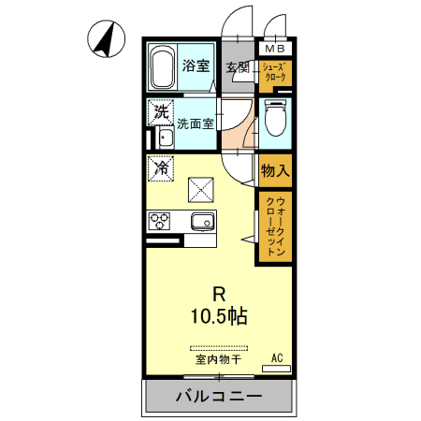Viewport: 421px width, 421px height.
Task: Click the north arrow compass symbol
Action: [106, 40]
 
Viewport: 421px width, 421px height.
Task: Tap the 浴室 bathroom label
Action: [195, 66]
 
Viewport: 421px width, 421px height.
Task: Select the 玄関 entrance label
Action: [238, 66]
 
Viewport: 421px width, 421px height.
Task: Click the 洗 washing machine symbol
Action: [161, 110]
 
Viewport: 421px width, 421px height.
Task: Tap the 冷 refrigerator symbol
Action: [161, 168]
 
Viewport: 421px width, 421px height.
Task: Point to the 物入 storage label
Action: [275, 171]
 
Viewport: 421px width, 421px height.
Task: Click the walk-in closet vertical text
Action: [275, 226]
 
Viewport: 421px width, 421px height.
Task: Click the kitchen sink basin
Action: [202, 222]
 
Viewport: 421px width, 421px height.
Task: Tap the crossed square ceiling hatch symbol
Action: [202, 190]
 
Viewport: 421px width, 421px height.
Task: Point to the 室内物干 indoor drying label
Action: [218, 358]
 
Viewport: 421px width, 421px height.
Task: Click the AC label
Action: [277, 357]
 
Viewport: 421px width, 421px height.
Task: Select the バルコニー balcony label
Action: [219, 396]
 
